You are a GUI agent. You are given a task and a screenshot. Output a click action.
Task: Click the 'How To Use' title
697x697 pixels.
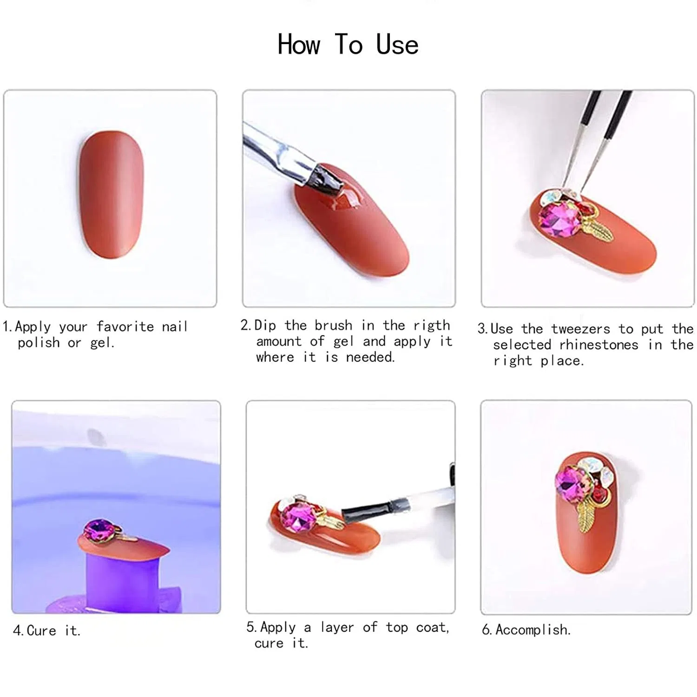pyautogui.click(x=348, y=45)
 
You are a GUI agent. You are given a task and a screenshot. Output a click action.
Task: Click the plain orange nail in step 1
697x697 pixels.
pyautogui.click(x=111, y=194)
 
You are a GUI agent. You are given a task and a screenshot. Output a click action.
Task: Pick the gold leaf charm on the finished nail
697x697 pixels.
pyautogui.click(x=585, y=520)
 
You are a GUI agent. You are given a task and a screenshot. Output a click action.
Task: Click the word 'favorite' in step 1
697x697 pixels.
pyautogui.click(x=125, y=326)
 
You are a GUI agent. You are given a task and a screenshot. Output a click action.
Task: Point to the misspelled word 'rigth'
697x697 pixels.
pyautogui.click(x=432, y=326)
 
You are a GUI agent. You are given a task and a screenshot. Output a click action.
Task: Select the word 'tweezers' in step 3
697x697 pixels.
pyautogui.click(x=580, y=329)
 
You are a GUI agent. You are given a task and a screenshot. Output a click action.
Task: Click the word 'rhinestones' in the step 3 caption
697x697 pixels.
pyautogui.click(x=598, y=345)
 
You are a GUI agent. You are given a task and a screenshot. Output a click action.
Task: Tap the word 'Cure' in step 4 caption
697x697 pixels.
pyautogui.click(x=41, y=631)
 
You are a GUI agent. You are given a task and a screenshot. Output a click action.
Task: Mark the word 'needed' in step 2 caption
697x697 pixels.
pyautogui.click(x=370, y=357)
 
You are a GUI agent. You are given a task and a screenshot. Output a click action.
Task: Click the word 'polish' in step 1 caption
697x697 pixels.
pyautogui.click(x=39, y=343)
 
